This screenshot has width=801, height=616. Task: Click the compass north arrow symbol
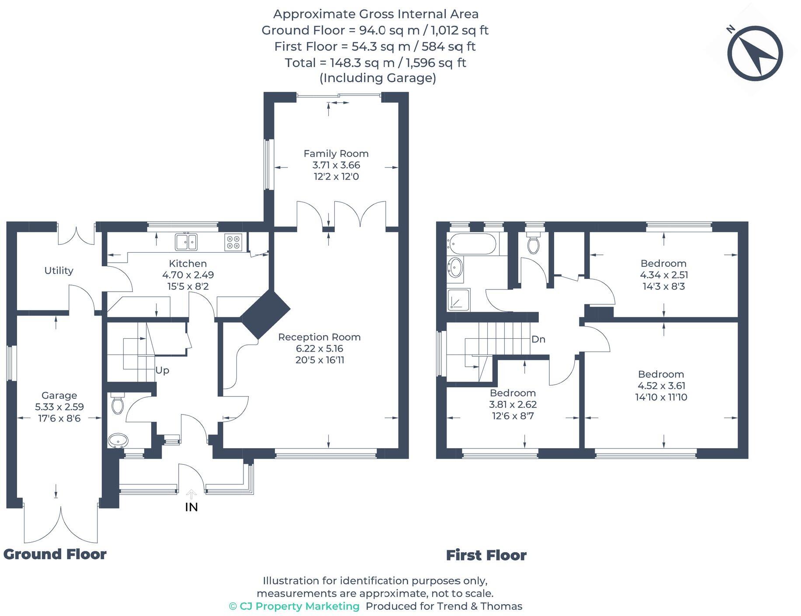pos(755,54)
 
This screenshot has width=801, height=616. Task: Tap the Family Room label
pos(336,153)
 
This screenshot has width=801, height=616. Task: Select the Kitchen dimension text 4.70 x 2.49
pos(188,275)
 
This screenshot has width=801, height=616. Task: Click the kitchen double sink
pos(187,242)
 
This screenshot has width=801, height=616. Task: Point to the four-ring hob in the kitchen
pos(233,242)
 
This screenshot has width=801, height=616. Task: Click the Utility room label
pos(59,271)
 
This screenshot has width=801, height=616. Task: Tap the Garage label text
pos(59,395)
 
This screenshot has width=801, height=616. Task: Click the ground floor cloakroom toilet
pos(118,404)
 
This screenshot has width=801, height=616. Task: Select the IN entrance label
pos(191,507)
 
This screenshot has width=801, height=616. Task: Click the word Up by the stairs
pos(162,370)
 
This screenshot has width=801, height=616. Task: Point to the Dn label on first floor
pos(538,339)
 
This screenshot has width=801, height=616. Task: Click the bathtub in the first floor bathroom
pos(472,244)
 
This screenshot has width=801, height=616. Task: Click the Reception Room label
pos(319,337)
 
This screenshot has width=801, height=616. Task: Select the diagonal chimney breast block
pos(265,314)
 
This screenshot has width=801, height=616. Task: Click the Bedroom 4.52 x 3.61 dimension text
pos(661,386)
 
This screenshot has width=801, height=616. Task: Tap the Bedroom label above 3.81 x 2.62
pos(513,393)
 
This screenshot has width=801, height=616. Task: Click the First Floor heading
pos(486,555)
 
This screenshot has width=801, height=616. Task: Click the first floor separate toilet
pos(533,245)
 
